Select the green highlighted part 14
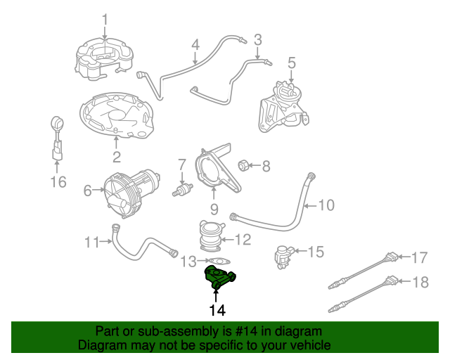click(219, 276)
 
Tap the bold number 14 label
click(217, 310)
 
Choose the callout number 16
click(58, 182)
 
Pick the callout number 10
click(327, 205)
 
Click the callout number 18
click(420, 283)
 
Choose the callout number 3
click(257, 39)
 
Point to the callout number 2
click(117, 157)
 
